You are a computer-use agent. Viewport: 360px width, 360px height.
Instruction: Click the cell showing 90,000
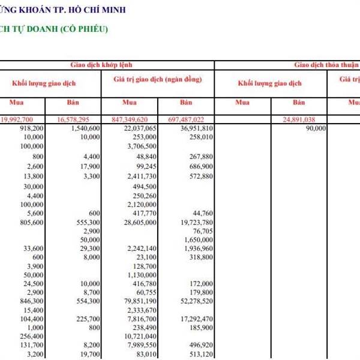(x=315, y=128)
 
